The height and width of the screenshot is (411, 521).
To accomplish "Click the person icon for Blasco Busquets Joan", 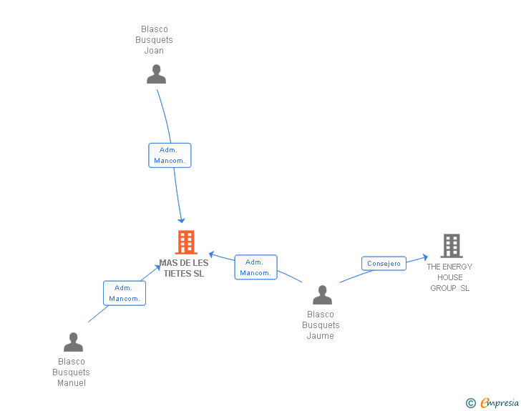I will [x=156, y=74].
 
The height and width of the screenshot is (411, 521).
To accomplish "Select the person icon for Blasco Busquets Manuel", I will [x=73, y=342].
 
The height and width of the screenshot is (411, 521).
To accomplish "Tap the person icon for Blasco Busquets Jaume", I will [x=322, y=294].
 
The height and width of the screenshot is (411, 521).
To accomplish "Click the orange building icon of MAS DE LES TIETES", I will [x=186, y=242].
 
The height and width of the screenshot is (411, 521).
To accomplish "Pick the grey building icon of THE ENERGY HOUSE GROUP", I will [x=451, y=246].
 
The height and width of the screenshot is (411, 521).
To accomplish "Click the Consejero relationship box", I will [x=384, y=264].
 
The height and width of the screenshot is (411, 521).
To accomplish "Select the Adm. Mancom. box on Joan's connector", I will [x=170, y=155].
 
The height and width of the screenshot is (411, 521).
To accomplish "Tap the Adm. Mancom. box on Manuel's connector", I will [x=125, y=293].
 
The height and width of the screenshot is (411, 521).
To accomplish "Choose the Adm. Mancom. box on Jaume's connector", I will [x=255, y=267].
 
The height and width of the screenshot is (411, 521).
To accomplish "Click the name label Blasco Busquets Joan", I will [x=154, y=40].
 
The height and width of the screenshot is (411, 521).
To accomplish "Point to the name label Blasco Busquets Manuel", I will [x=72, y=372].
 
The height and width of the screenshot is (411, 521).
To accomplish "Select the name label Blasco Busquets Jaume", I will [x=321, y=325].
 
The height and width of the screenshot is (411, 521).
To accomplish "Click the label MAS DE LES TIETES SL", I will [x=184, y=268].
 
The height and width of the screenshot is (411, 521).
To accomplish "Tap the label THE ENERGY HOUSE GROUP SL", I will [x=449, y=277].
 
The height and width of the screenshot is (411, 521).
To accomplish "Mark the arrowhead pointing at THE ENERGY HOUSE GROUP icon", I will [x=425, y=256].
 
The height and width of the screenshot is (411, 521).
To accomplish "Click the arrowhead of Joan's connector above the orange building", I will [x=182, y=220].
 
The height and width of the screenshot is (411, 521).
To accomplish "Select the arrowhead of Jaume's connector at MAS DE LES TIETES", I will [x=212, y=254].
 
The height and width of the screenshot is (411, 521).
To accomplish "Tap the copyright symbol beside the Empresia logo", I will [x=470, y=404].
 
